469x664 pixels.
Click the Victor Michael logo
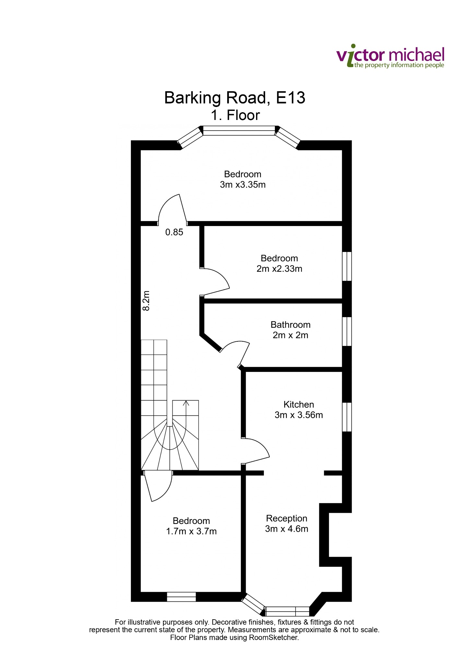(x=391, y=56)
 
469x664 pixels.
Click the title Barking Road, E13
(x=235, y=98)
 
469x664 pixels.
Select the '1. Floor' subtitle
(x=235, y=115)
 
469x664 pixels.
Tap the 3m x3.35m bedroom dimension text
(x=243, y=185)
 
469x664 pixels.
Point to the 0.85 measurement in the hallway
(x=174, y=232)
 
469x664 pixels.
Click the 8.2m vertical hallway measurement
(x=147, y=301)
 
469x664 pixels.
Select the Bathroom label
(x=290, y=325)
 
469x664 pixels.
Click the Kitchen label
(x=299, y=404)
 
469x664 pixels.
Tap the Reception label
(x=287, y=518)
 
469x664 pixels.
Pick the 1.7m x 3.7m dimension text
(x=191, y=531)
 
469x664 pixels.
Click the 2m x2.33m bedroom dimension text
(x=279, y=269)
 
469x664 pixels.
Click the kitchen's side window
(x=347, y=417)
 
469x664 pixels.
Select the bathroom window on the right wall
(x=347, y=331)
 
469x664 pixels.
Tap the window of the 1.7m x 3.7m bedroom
(x=181, y=597)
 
